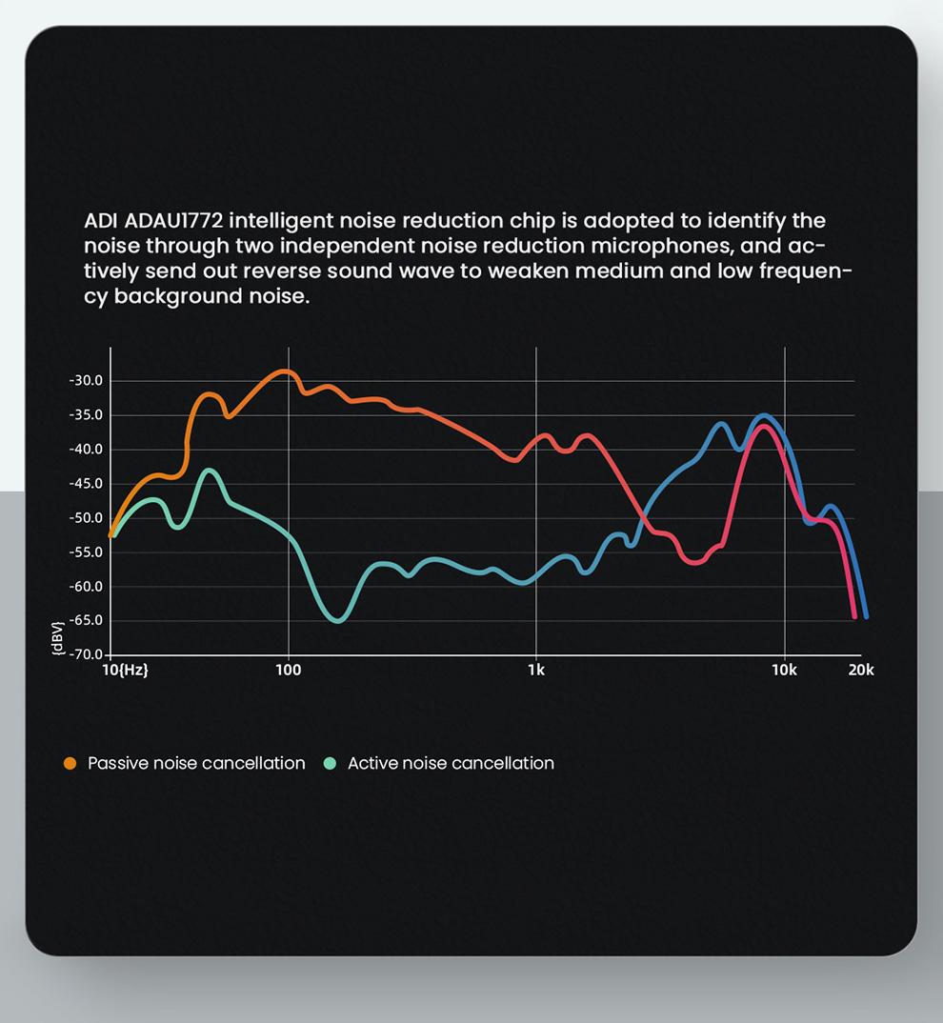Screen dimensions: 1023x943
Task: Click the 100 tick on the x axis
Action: click(288, 671)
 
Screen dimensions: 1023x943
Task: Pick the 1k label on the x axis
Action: click(536, 671)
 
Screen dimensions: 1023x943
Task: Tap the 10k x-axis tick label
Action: click(784, 671)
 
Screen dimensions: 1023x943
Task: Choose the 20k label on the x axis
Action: click(860, 671)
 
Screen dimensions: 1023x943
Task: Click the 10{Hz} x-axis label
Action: click(125, 671)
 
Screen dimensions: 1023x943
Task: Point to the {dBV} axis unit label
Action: click(59, 636)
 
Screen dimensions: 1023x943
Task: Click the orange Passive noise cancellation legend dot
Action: click(70, 763)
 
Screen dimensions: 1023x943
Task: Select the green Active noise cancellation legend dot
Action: click(331, 763)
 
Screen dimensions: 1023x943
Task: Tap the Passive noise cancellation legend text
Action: click(196, 763)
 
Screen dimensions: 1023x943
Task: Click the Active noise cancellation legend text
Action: click(451, 763)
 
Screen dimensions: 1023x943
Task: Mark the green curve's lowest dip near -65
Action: click(338, 621)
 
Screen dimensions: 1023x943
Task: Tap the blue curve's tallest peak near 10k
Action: click(764, 415)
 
